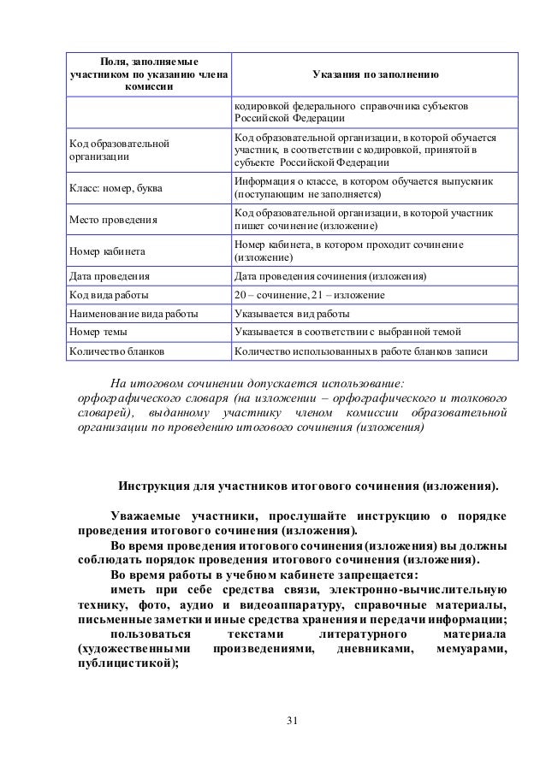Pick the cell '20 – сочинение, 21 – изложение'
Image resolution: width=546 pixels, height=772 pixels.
click(309, 295)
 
